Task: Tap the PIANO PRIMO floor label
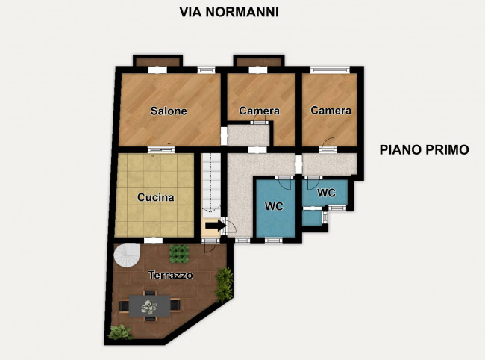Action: click(x=424, y=149)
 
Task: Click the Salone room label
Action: click(x=169, y=111)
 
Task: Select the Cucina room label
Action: click(x=156, y=198)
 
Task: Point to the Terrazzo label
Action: click(x=170, y=275)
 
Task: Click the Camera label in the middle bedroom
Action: click(x=259, y=111)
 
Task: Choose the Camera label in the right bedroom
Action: click(x=331, y=111)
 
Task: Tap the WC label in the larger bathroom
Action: click(x=275, y=206)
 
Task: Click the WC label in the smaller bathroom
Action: click(x=326, y=193)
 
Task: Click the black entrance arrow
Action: click(x=215, y=225)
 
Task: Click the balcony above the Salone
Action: click(x=157, y=60)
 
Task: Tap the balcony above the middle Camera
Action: click(x=258, y=60)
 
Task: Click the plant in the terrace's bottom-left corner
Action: click(x=119, y=332)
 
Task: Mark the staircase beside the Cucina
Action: click(x=213, y=183)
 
